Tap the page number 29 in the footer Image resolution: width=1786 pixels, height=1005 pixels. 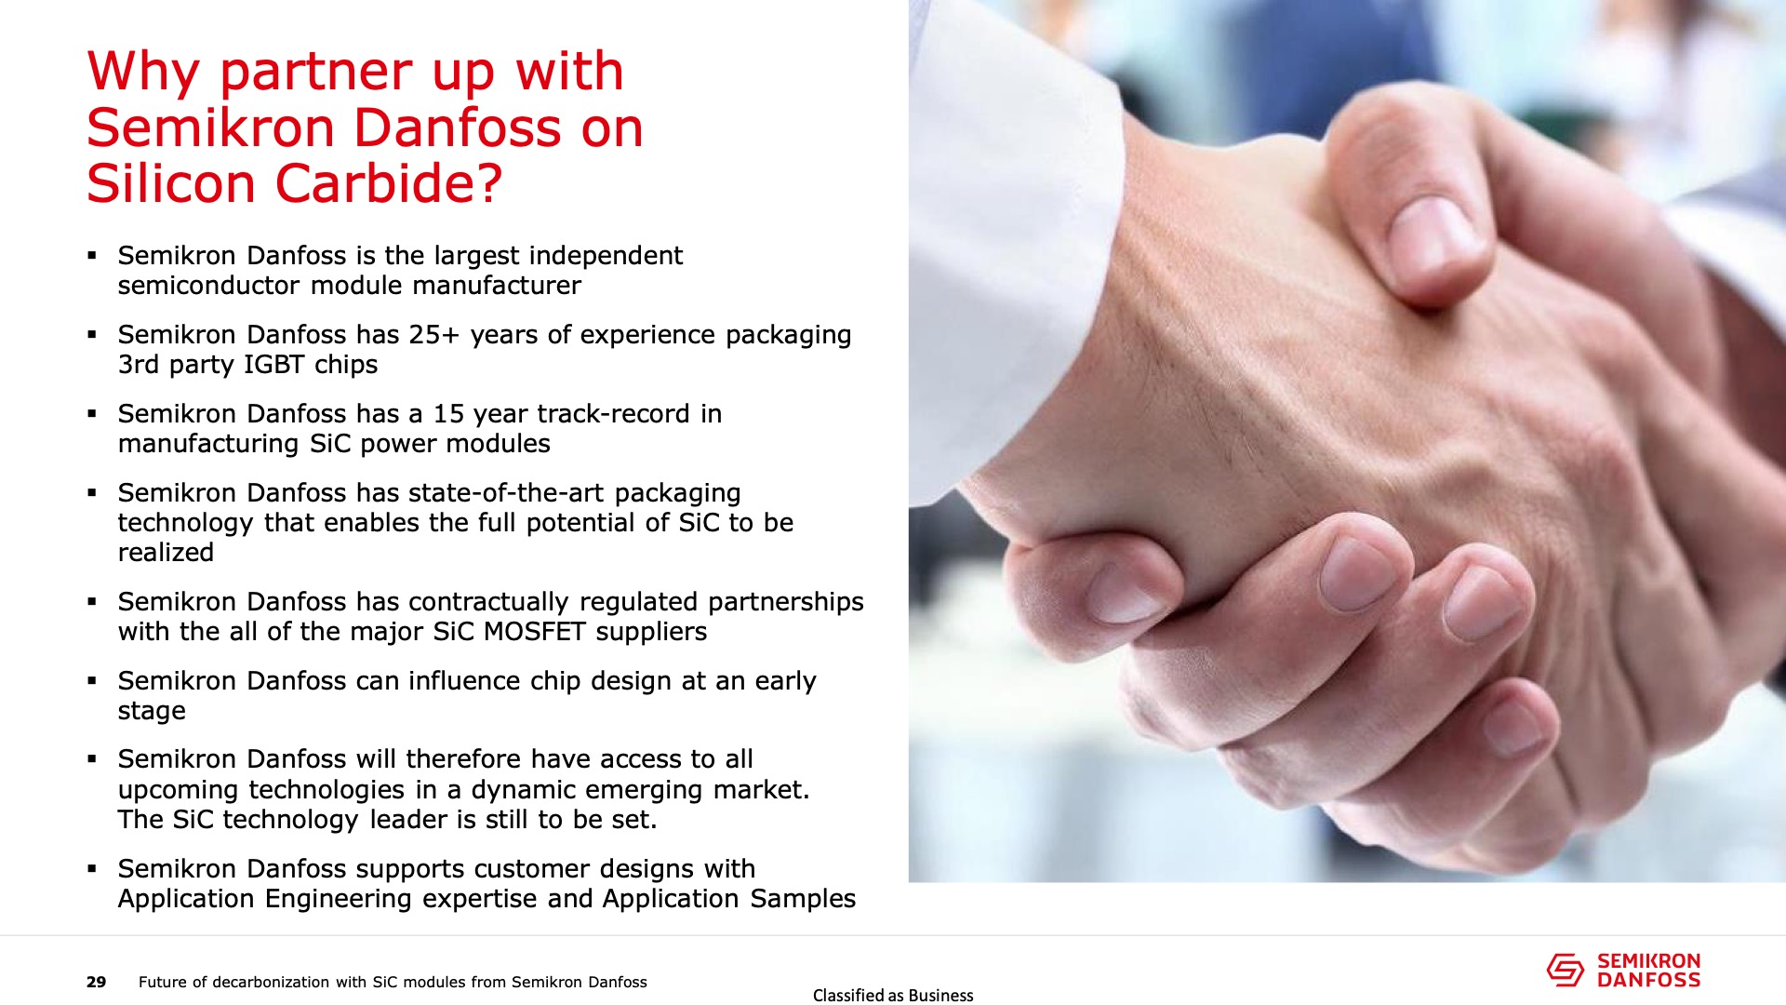[x=97, y=982]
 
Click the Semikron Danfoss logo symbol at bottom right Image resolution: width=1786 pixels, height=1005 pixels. [x=1566, y=969]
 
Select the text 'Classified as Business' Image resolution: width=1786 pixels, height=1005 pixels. [x=893, y=995]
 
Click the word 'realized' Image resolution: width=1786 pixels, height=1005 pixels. [x=166, y=553]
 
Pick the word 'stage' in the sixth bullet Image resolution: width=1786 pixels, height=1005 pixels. [x=152, y=712]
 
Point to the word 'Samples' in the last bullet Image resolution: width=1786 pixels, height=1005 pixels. [x=803, y=900]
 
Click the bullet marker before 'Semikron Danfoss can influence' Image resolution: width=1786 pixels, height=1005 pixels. [x=92, y=680]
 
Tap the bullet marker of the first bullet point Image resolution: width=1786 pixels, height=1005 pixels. [x=92, y=255]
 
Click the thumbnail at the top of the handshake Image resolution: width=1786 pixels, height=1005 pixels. [x=1433, y=238]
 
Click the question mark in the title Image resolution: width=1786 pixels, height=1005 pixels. [x=490, y=182]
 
